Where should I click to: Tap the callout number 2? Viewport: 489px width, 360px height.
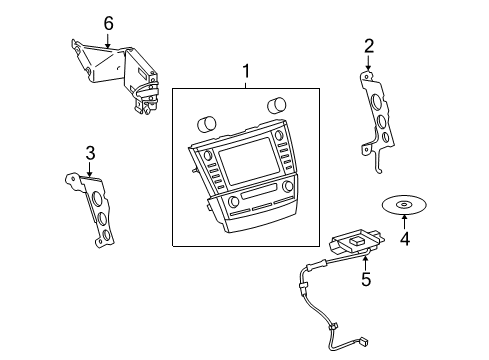368,45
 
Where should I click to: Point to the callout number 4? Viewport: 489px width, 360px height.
404,239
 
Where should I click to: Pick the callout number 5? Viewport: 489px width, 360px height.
365,281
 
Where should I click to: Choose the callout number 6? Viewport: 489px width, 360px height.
108,23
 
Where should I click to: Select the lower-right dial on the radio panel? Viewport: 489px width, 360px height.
288,187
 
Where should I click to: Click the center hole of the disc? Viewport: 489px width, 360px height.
403,206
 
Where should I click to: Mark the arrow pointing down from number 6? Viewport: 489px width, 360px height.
108,40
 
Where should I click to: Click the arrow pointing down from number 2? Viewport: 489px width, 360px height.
368,62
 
